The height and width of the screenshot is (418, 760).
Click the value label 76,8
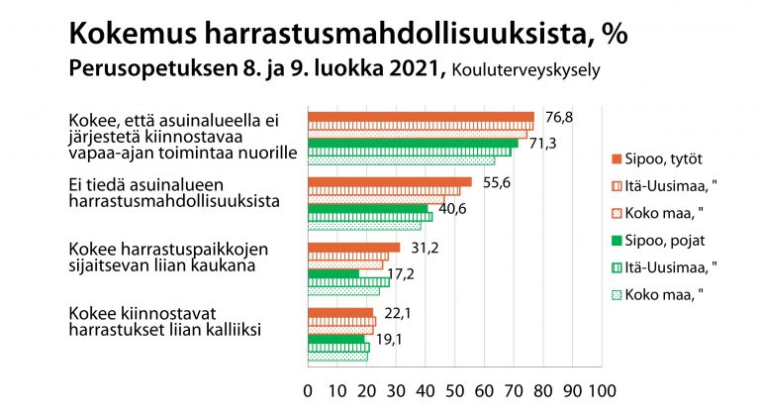pos(559,118)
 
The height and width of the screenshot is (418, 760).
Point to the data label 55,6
pos(497,183)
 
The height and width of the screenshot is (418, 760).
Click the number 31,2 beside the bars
pos(425,248)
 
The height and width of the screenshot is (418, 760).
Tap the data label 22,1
pos(398,314)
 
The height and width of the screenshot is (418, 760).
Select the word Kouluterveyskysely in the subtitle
pos(525,70)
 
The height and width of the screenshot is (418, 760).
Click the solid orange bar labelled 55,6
pos(390,182)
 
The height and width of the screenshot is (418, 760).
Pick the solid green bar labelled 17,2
pos(333,274)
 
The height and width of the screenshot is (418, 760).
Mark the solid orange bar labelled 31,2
pos(354,248)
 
